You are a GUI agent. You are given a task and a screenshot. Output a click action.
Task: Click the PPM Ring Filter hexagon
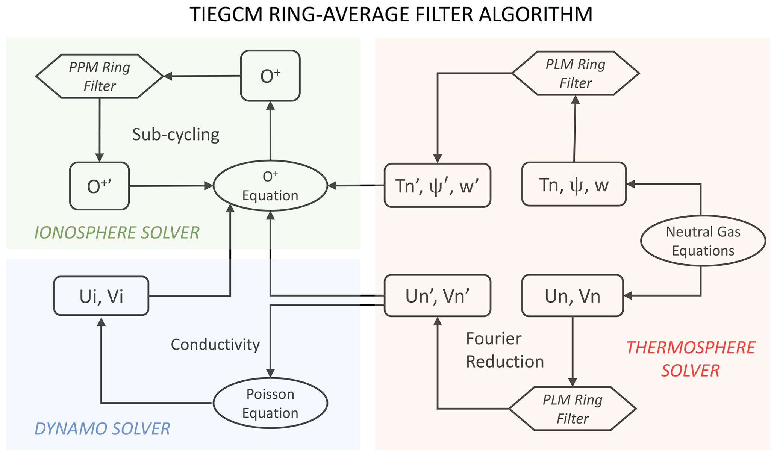pos(100,76)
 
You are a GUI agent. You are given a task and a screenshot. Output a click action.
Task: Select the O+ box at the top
pos(270,76)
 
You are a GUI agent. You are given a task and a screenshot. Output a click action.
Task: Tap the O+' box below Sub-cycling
pos(100,186)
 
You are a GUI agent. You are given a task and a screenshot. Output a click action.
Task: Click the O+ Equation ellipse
pos(270,186)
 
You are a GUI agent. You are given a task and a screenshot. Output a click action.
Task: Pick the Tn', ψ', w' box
pos(437,185)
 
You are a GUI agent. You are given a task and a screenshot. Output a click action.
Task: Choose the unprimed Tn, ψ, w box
pos(574,185)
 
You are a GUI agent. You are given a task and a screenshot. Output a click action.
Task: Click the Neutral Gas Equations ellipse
pos(703,241)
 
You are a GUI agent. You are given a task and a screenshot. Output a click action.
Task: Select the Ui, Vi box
pos(101,296)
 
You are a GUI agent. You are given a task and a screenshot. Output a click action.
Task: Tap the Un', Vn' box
pos(437,296)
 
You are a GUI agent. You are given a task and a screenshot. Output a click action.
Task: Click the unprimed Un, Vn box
pos(573,296)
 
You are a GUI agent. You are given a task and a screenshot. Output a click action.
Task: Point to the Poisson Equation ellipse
pos(270,403)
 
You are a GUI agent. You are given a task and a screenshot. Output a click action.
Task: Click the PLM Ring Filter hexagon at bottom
pos(573,409)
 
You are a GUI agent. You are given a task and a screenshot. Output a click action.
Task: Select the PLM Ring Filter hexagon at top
pos(576,73)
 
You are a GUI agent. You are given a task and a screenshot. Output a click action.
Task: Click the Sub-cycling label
pos(176,135)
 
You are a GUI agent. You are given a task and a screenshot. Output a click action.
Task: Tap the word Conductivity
pos(215,344)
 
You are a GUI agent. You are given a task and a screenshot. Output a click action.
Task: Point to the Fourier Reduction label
pos(504,350)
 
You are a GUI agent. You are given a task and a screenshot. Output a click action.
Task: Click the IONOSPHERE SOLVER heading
pos(117,233)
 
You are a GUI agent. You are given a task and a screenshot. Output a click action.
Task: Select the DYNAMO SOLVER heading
pos(102,429)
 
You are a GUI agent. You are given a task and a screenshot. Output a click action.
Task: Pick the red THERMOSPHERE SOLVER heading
pos(691,359)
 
